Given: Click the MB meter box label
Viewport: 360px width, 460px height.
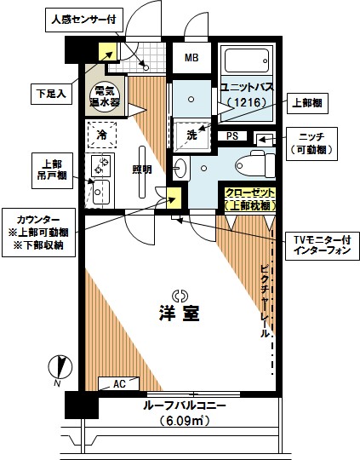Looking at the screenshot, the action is pyautogui.click(x=191, y=58).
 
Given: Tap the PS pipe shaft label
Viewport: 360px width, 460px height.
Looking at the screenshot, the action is pyautogui.click(x=232, y=136).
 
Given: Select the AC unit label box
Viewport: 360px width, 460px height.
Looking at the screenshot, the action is pyautogui.click(x=118, y=383).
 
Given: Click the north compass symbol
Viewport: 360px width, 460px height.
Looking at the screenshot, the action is pyautogui.click(x=60, y=367).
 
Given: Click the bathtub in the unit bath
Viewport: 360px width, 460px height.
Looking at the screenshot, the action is pyautogui.click(x=247, y=60).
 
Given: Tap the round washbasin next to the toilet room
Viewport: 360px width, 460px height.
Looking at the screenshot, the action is pyautogui.click(x=180, y=168).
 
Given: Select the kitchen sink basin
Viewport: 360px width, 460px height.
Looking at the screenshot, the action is pyautogui.click(x=101, y=193).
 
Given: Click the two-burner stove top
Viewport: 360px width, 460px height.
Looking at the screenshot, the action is pyautogui.click(x=100, y=166).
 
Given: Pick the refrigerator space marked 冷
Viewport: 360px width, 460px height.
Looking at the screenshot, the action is pyautogui.click(x=102, y=135).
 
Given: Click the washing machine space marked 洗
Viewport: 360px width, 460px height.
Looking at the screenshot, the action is pyautogui.click(x=192, y=135).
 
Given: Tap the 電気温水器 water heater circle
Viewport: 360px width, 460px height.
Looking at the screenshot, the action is pyautogui.click(x=105, y=97).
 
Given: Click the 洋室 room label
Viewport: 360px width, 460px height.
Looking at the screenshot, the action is pyautogui.click(x=180, y=313).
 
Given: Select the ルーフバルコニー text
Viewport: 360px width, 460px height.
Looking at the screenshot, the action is pyautogui.click(x=185, y=406).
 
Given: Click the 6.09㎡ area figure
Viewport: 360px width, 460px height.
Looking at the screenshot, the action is pyautogui.click(x=185, y=422).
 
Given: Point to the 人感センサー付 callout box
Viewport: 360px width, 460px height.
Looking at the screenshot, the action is pyautogui.click(x=84, y=20).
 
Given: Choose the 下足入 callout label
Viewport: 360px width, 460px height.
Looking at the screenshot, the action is pyautogui.click(x=51, y=94).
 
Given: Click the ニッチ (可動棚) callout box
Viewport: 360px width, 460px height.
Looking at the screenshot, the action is pyautogui.click(x=311, y=144).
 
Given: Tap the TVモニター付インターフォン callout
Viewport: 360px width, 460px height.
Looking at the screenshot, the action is pyautogui.click(x=323, y=246).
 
